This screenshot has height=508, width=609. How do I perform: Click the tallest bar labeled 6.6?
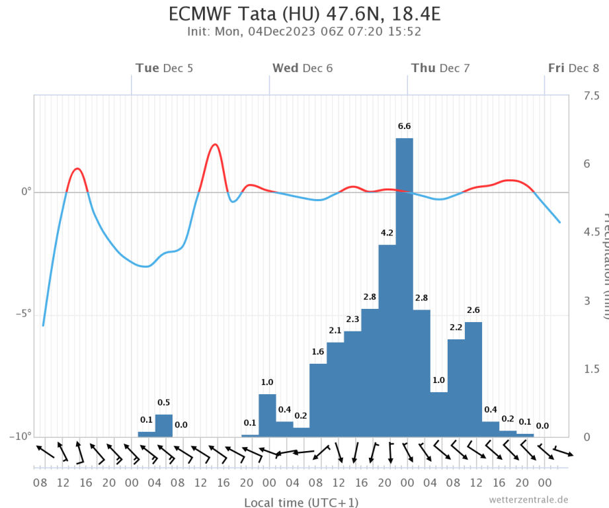[404, 287]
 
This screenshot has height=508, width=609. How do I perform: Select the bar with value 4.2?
[387, 340]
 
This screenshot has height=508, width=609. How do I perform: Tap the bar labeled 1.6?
[318, 400]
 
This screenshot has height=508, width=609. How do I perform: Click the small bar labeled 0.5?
[163, 425]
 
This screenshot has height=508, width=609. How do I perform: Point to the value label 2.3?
[352, 319]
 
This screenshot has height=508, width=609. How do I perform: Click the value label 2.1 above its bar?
[335, 331]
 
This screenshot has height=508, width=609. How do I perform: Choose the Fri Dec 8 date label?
[573, 68]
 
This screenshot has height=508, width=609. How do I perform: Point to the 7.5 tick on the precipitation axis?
[591, 97]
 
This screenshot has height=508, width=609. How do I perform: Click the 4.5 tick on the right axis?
[591, 232]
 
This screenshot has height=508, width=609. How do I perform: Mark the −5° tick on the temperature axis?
[22, 314]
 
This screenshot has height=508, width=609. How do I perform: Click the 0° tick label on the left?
[26, 192]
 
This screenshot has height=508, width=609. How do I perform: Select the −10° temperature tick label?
[20, 437]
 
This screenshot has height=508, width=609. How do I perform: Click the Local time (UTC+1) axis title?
[301, 503]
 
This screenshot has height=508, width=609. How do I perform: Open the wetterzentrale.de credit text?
[528, 499]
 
